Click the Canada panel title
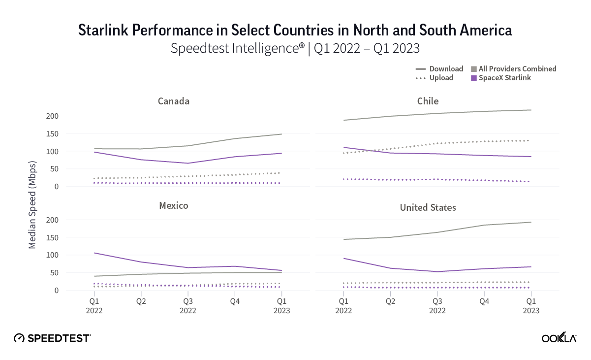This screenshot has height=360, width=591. click(x=174, y=101)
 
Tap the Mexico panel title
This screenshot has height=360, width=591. click(x=174, y=205)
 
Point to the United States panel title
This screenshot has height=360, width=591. click(x=428, y=207)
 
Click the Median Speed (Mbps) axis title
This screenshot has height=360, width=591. click(x=32, y=204)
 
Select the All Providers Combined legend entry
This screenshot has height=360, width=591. click(x=517, y=69)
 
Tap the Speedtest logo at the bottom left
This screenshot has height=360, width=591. click(x=52, y=338)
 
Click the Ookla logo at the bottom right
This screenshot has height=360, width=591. click(x=559, y=338)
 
